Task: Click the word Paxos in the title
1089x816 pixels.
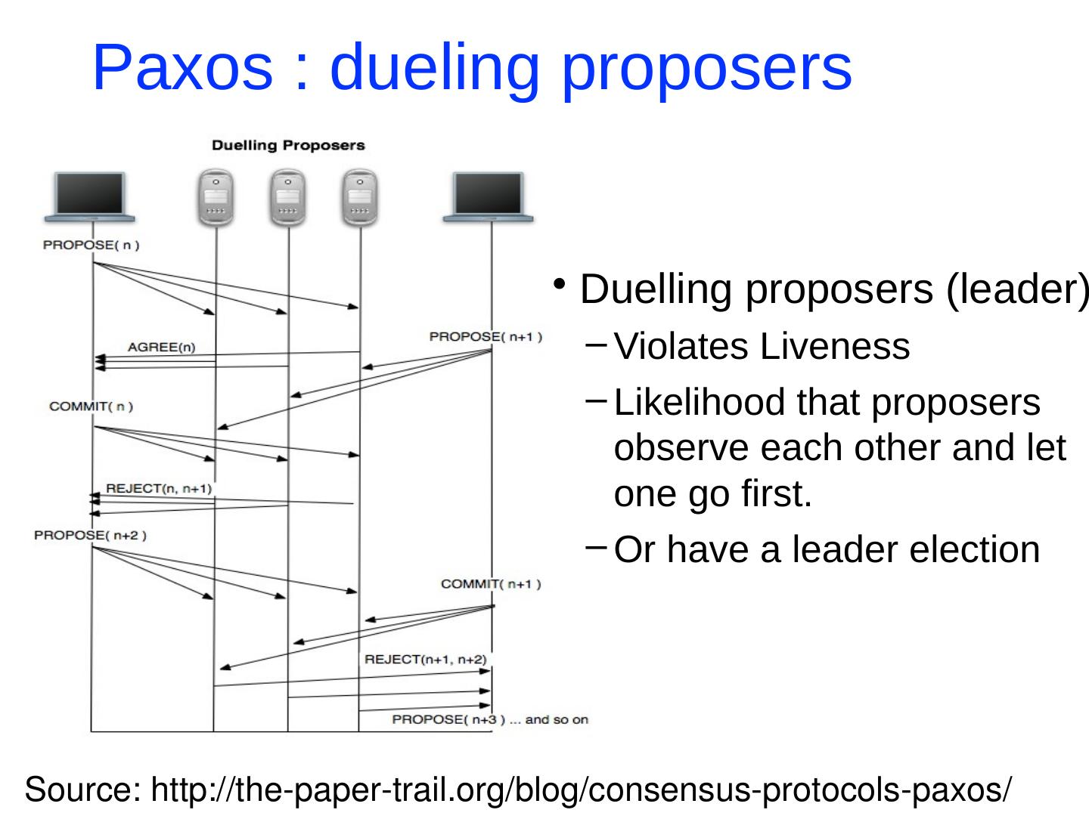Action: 182,67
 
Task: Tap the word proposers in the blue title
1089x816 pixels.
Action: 706,67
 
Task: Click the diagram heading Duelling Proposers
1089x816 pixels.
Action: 288,145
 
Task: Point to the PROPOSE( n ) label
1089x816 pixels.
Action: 92,245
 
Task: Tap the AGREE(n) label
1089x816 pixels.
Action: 162,348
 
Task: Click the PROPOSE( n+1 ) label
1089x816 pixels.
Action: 486,337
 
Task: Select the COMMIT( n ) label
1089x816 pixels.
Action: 91,406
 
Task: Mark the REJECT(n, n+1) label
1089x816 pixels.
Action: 160,489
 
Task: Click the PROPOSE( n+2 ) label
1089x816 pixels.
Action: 91,536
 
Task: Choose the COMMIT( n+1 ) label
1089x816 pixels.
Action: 491,583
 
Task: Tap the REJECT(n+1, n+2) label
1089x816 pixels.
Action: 426,660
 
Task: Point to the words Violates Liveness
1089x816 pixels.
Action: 762,348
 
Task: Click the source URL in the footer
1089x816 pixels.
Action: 582,790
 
